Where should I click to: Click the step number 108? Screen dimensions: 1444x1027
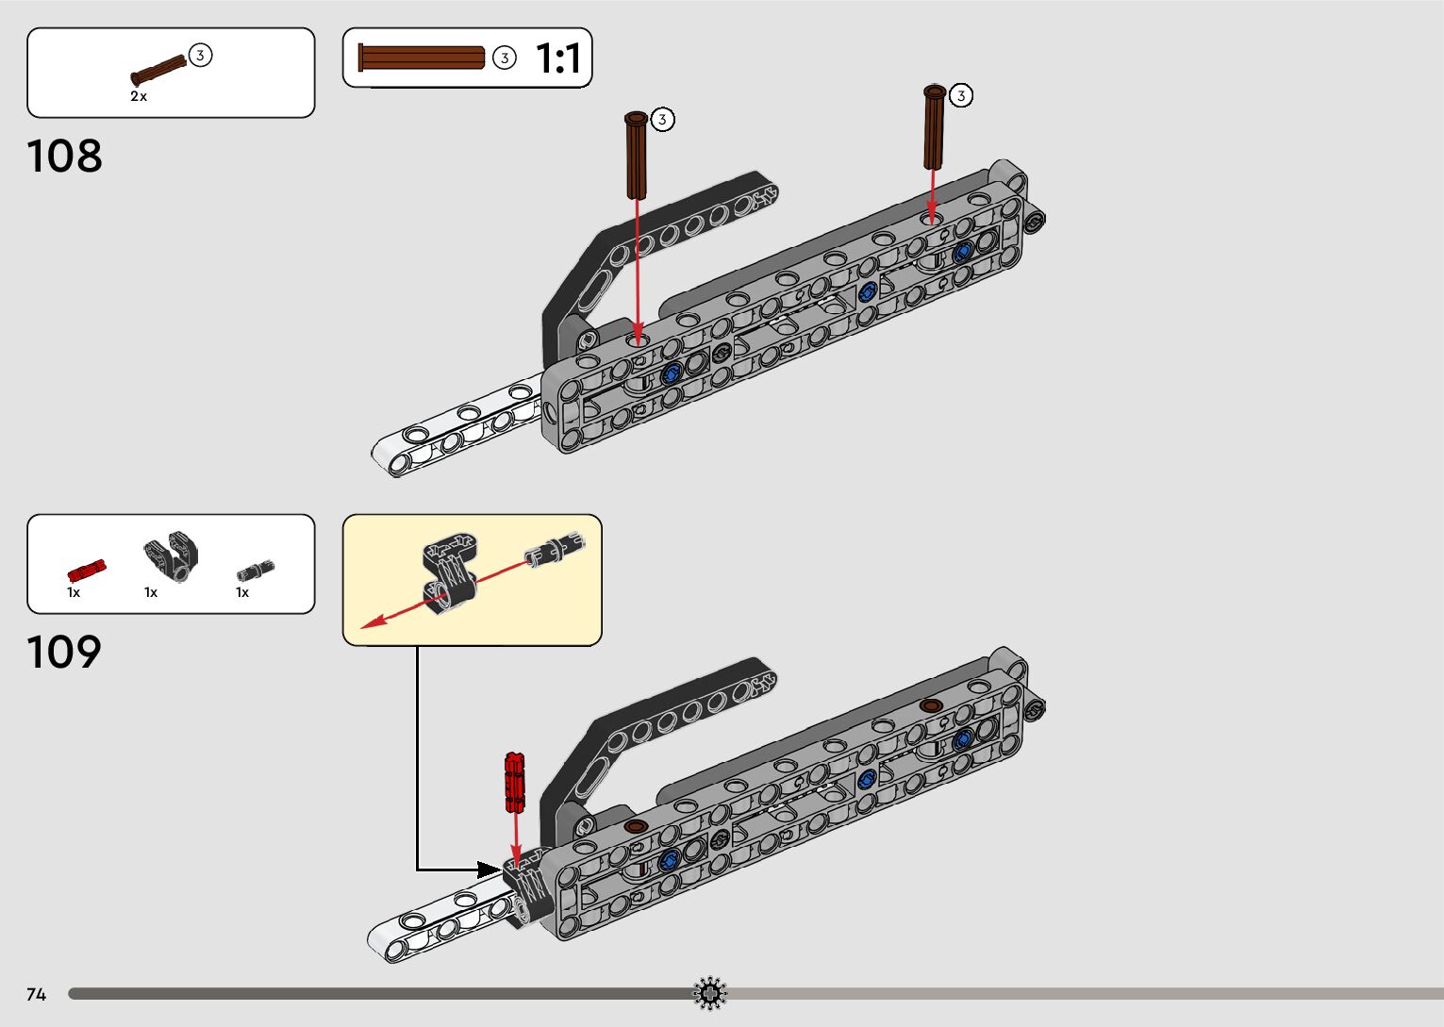click(64, 157)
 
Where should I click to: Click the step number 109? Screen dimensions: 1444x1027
click(64, 653)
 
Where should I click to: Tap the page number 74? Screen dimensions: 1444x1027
click(36, 994)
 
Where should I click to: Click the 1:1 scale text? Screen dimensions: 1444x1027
click(557, 58)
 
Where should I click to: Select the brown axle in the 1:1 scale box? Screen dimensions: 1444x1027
click(422, 58)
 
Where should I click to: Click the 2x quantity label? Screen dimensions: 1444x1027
click(139, 96)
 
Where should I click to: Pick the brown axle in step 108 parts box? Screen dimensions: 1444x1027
click(158, 71)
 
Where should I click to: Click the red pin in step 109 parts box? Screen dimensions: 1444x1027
click(86, 570)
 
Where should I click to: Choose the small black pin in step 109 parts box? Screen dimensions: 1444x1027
click(255, 569)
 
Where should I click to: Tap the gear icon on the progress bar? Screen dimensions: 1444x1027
click(710, 993)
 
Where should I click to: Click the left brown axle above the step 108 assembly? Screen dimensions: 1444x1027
click(637, 155)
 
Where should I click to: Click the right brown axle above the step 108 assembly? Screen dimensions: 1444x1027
click(934, 126)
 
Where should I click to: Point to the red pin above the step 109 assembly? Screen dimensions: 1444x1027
click(515, 782)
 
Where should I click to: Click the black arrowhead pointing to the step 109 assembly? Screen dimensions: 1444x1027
click(488, 869)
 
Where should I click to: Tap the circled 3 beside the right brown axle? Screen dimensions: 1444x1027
click(960, 95)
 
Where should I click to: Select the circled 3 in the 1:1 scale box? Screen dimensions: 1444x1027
click(505, 58)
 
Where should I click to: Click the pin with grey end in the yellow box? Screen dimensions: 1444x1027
click(556, 549)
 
